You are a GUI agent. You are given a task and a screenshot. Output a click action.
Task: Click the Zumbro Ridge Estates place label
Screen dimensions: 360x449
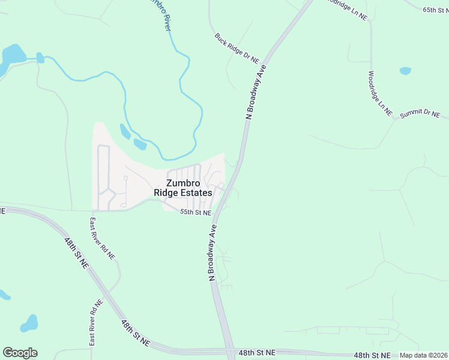183,188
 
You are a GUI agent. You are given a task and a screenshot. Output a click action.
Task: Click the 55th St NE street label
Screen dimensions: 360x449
196,213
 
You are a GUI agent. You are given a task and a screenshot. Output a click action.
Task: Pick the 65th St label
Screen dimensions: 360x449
435,10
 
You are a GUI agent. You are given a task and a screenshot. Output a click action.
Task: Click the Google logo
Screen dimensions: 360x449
20,353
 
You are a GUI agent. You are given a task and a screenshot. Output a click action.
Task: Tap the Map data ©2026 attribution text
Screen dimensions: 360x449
423,355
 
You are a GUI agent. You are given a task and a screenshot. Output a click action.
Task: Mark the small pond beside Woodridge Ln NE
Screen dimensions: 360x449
405,71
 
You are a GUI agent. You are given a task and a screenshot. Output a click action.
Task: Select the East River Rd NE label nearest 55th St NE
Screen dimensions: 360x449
103,238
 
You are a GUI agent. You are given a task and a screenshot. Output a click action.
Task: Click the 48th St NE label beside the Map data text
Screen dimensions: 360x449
373,355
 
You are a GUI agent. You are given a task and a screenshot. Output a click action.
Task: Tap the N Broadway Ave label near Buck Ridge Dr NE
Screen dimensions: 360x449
256,92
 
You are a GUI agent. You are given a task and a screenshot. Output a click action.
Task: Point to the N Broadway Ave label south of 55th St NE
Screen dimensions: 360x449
212,253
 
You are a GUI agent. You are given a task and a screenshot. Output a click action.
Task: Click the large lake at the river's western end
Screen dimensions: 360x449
12,58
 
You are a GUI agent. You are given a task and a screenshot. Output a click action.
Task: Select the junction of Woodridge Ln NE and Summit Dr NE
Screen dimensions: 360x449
394,118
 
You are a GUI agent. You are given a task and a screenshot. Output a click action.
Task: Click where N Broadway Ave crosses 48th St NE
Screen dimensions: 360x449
230,353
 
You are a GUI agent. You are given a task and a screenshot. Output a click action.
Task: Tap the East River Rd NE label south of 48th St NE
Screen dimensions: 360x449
95,323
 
